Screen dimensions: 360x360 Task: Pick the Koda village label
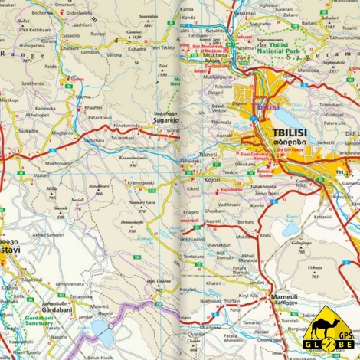click(x=266, y=236)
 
